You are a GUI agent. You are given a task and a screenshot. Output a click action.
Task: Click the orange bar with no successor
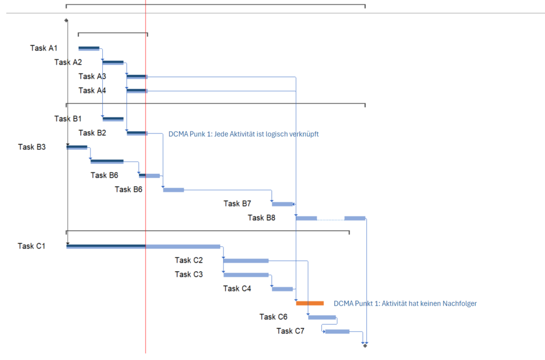coord(310,303)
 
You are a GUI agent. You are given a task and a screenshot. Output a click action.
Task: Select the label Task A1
coord(44,48)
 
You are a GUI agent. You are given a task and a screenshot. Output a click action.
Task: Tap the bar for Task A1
coord(89,48)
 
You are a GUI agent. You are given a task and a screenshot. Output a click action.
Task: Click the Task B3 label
coord(31,147)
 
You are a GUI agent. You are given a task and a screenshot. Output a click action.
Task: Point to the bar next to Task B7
coord(283,204)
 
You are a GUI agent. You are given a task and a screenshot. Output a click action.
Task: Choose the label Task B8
coord(261,217)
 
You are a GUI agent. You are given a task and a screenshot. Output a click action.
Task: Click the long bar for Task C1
coord(143,246)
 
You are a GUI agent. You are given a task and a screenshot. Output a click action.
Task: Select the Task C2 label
coord(188,260)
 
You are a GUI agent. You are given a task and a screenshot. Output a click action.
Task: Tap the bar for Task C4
coord(282,289)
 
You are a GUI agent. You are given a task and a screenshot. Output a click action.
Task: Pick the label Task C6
coord(274,317)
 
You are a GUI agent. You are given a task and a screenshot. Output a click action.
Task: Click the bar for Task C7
coord(337,331)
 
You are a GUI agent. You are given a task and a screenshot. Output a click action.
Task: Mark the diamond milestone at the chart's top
coord(66,20)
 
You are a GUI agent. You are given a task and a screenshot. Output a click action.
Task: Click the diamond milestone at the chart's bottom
coord(365,346)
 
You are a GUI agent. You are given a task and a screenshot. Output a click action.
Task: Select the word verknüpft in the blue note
coord(303,135)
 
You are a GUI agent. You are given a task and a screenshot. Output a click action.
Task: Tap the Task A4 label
coord(92,90)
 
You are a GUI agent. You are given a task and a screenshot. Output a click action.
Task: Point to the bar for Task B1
coord(113,119)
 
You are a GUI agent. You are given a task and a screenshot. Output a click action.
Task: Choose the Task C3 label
coord(188,274)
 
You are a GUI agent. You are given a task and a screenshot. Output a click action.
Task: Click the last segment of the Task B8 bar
coord(354,218)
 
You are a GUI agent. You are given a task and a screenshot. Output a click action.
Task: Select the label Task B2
coord(92,133)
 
